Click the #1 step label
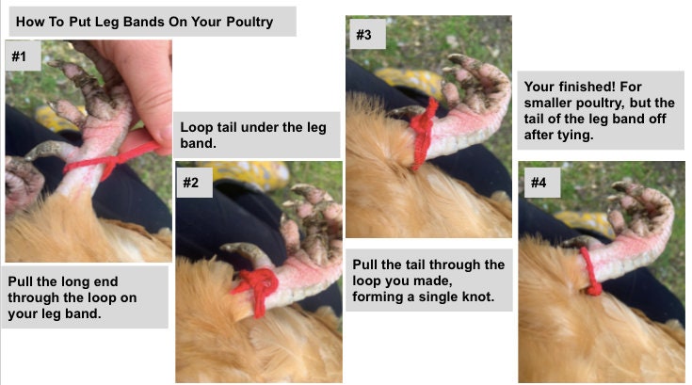[x=20, y=57]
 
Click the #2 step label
[x=194, y=184]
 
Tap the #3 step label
[x=363, y=36]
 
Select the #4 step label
[x=538, y=183]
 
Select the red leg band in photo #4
[x=589, y=273]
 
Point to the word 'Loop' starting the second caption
[x=195, y=126]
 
